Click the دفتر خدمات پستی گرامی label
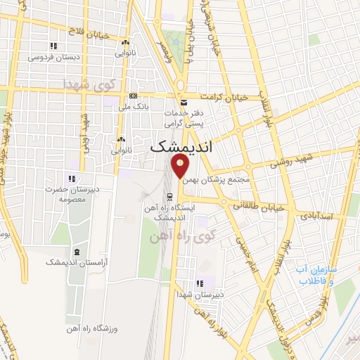184,117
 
